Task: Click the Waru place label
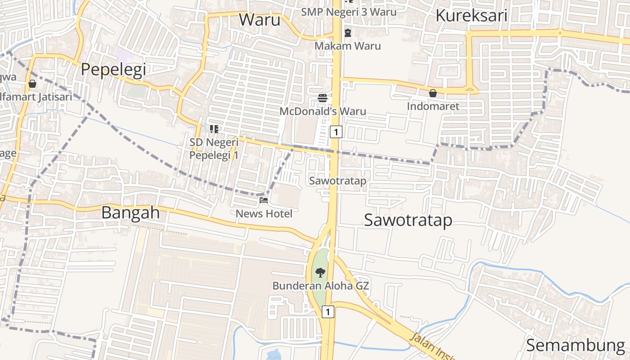click(x=260, y=20)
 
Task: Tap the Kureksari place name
click(x=471, y=16)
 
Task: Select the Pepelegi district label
click(x=113, y=70)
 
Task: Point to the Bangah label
click(x=130, y=212)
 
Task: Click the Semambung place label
click(x=575, y=345)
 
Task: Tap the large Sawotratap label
click(x=408, y=220)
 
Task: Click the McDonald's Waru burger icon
click(x=322, y=98)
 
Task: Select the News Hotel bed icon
click(x=264, y=200)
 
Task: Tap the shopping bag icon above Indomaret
click(x=432, y=93)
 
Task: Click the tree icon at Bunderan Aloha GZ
click(x=320, y=272)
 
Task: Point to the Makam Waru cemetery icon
click(x=348, y=32)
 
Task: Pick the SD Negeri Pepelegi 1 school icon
click(x=214, y=130)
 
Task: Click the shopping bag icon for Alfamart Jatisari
click(x=32, y=84)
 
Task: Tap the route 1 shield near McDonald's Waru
click(x=336, y=131)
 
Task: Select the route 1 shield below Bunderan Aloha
click(x=328, y=311)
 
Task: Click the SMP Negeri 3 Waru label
click(x=349, y=12)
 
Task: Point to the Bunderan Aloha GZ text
click(x=321, y=286)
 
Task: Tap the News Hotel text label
click(x=264, y=214)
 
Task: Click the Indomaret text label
click(x=433, y=106)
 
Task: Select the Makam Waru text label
click(x=347, y=46)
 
